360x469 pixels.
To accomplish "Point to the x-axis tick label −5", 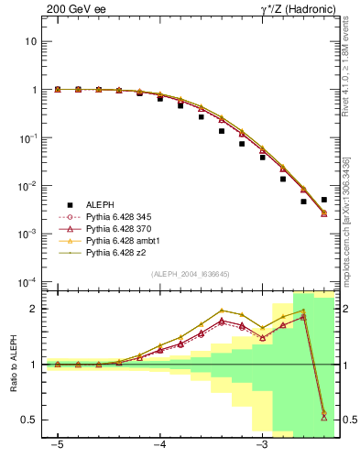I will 58,447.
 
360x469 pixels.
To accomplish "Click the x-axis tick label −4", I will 159,447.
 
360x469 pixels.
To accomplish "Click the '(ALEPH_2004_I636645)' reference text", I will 190,273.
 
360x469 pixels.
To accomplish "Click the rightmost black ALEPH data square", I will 324,199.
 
